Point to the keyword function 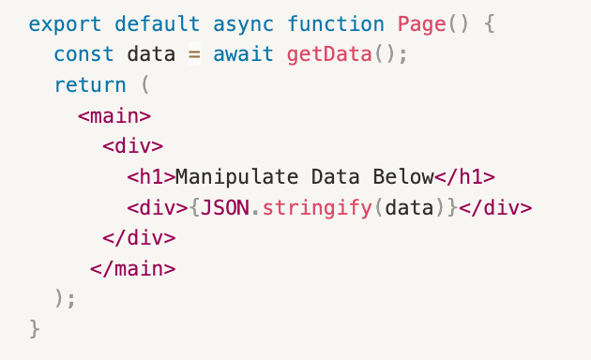point(335,23)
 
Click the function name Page point(421,23)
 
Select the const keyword point(83,53)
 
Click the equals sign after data point(194,53)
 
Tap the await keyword point(243,53)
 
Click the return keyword point(89,84)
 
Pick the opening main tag point(114,115)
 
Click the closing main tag point(132,268)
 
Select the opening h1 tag point(151,177)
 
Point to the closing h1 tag point(464,177)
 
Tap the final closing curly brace point(36,329)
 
